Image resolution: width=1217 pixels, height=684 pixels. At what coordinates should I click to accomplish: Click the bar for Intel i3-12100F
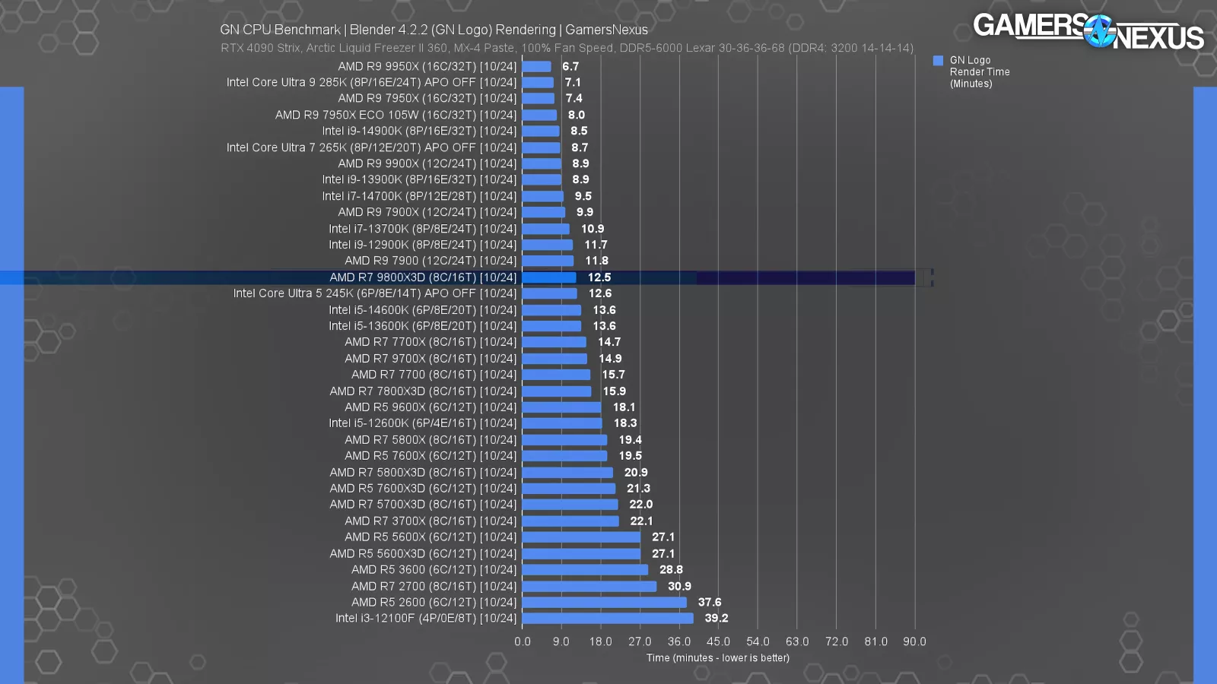(x=608, y=619)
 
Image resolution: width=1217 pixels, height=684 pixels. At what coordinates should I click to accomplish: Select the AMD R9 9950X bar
(x=536, y=67)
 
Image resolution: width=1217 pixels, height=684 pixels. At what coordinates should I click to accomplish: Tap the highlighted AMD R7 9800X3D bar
(x=549, y=277)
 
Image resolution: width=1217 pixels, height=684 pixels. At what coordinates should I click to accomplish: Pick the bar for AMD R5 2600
(x=604, y=603)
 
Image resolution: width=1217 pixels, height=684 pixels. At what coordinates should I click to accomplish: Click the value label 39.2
(x=716, y=619)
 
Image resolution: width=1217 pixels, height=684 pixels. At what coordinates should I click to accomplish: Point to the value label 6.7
(x=570, y=67)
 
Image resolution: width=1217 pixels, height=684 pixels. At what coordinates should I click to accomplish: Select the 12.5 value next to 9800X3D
(x=599, y=277)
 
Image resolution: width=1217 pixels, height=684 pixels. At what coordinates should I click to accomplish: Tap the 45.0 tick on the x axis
(x=718, y=641)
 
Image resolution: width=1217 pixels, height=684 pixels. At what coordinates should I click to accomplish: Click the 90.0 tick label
(x=914, y=641)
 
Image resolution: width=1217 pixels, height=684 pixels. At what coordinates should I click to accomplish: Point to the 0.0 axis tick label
(x=523, y=641)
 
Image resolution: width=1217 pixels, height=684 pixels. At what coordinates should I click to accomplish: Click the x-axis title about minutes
(x=717, y=658)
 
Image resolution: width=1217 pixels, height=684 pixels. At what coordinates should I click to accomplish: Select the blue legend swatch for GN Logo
(x=938, y=61)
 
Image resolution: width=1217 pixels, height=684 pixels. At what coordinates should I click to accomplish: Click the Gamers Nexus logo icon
(x=1099, y=31)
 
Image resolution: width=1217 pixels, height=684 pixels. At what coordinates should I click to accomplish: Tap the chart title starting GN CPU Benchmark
(x=434, y=30)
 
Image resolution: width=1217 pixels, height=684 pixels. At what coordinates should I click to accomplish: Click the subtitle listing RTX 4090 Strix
(x=567, y=48)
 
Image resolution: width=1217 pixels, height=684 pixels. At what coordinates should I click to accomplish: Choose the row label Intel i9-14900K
(x=419, y=131)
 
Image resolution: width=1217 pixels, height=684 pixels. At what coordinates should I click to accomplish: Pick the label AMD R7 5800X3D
(x=423, y=473)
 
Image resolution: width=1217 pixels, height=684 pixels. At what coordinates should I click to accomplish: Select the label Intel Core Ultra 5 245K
(x=374, y=293)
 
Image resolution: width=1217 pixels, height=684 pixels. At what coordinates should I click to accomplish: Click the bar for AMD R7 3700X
(x=570, y=521)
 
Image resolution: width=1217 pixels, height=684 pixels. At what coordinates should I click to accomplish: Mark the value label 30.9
(x=679, y=587)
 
